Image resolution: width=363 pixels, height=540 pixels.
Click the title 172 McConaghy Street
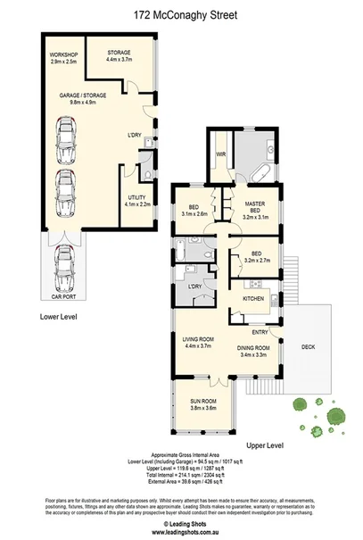click(181, 14)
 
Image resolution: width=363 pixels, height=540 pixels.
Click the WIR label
click(219, 154)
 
